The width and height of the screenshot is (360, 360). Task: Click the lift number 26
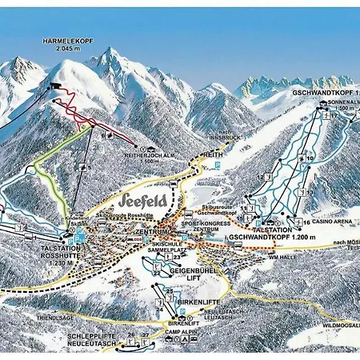[131, 334]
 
